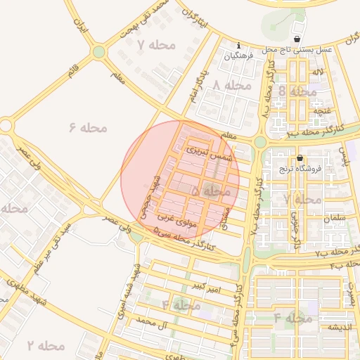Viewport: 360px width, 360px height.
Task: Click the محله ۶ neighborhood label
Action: coord(88,127)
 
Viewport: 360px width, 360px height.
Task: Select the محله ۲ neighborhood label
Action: coord(46,345)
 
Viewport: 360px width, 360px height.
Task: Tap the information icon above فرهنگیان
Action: coord(238,46)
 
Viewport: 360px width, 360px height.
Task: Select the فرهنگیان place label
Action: coord(238,56)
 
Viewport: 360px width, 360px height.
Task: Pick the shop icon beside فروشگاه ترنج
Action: coord(300,158)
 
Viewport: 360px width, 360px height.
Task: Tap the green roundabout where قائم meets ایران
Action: coord(98,51)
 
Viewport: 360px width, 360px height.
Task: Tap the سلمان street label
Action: coord(335,219)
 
